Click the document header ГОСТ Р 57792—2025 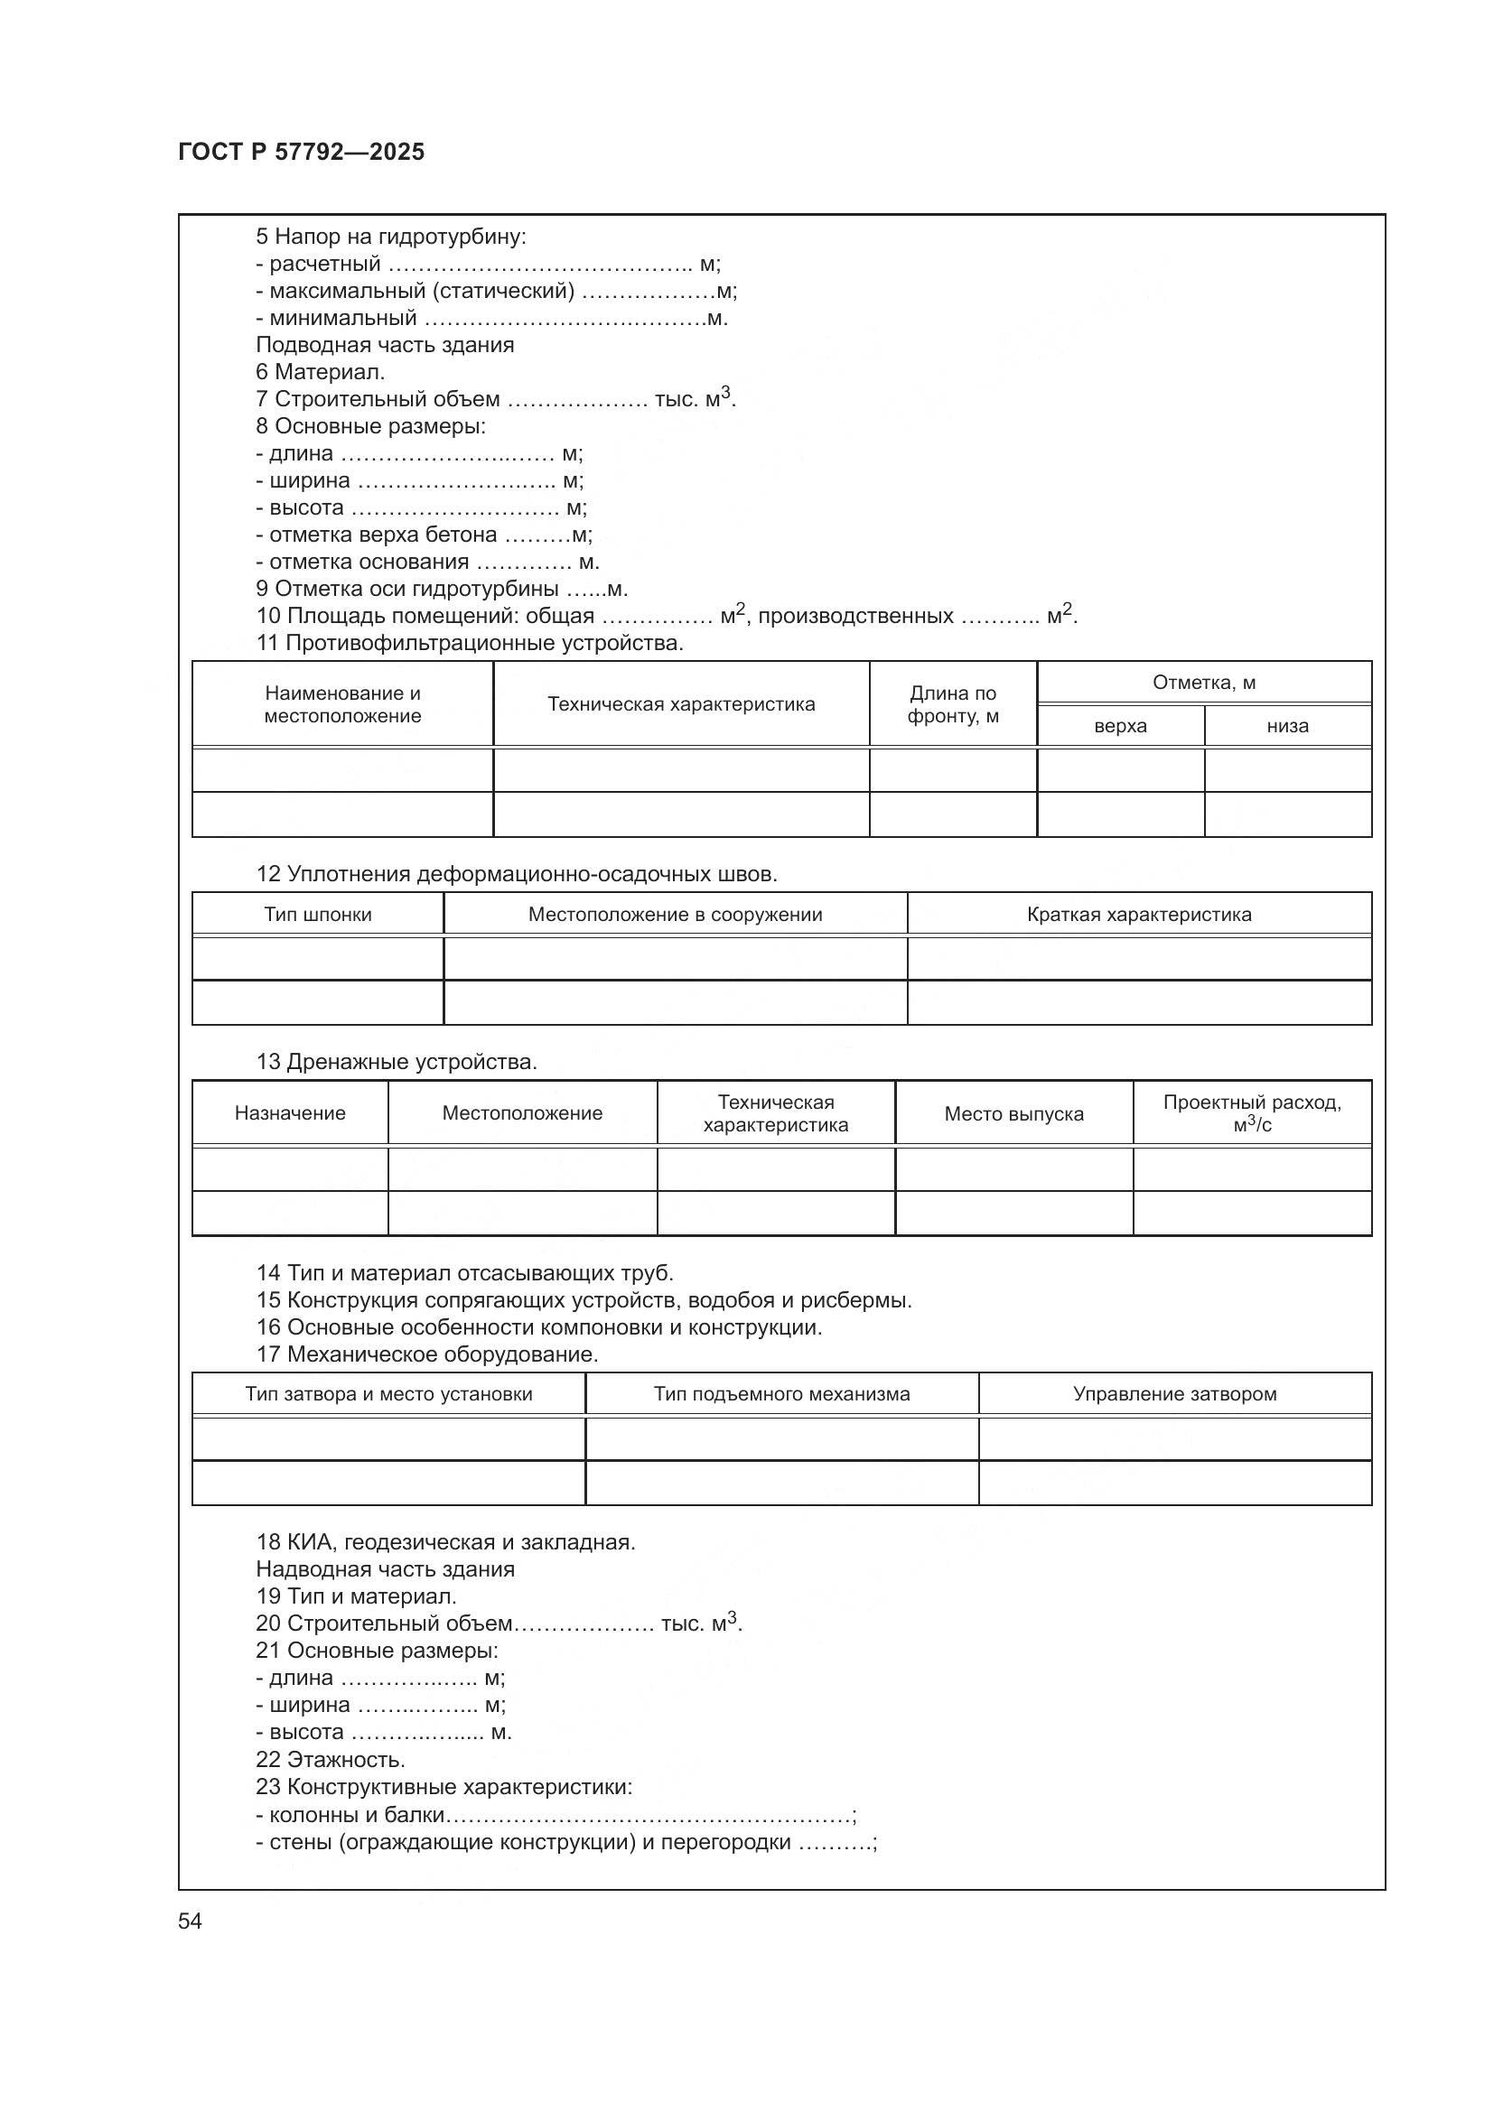tap(301, 152)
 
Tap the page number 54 tap(190, 1921)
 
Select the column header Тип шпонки tap(317, 915)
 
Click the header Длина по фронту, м tap(952, 703)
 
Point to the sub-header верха tap(1119, 726)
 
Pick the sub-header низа tap(1287, 726)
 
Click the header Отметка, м tap(1203, 683)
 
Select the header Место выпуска tap(1013, 1114)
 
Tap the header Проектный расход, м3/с tap(1251, 1113)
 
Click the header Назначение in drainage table tap(290, 1113)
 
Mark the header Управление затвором tap(1174, 1393)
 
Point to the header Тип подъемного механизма tap(781, 1393)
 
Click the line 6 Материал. tap(320, 373)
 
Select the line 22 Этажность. tap(331, 1760)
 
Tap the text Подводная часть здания tap(385, 345)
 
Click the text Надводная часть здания tap(385, 1569)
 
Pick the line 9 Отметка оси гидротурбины tap(442, 589)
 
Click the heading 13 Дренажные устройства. tap(397, 1063)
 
